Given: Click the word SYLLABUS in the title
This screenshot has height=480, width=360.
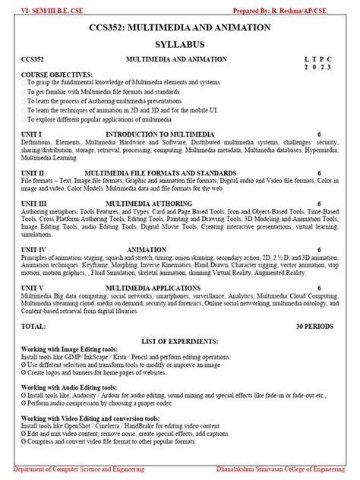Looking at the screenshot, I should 180,45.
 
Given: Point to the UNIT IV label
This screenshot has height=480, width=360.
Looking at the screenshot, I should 36,248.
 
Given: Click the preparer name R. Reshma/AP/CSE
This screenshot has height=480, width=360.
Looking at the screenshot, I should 320,7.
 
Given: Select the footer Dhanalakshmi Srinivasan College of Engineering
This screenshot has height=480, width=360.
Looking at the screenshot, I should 282,472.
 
